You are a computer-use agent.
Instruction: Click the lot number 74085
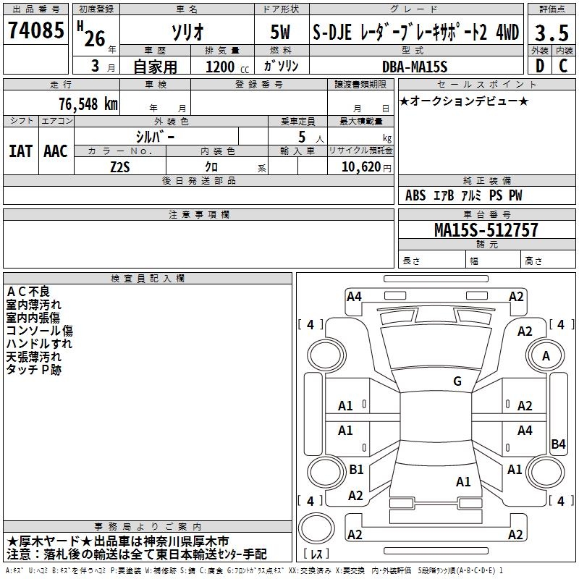click(x=36, y=31)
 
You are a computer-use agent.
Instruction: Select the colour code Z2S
click(x=120, y=166)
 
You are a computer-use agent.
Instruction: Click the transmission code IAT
click(x=20, y=151)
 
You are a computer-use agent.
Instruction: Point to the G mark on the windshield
click(x=457, y=381)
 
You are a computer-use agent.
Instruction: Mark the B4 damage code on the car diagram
click(x=558, y=444)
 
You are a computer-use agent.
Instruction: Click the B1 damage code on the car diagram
click(x=356, y=470)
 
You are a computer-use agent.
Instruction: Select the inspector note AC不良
click(x=28, y=291)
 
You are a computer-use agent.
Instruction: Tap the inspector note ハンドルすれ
click(x=39, y=344)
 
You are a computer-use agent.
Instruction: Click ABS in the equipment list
click(x=415, y=195)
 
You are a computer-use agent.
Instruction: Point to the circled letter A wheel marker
click(x=546, y=355)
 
